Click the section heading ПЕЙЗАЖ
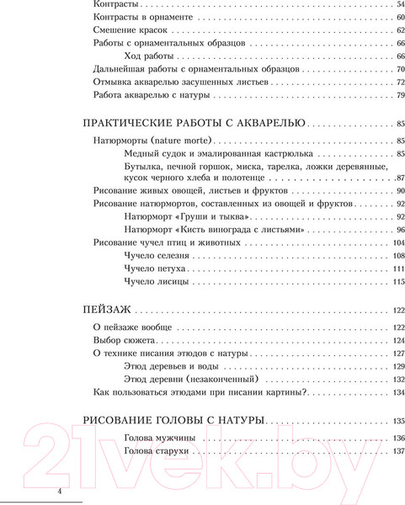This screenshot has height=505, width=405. click(111, 309)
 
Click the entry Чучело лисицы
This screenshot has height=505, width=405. click(152, 282)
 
